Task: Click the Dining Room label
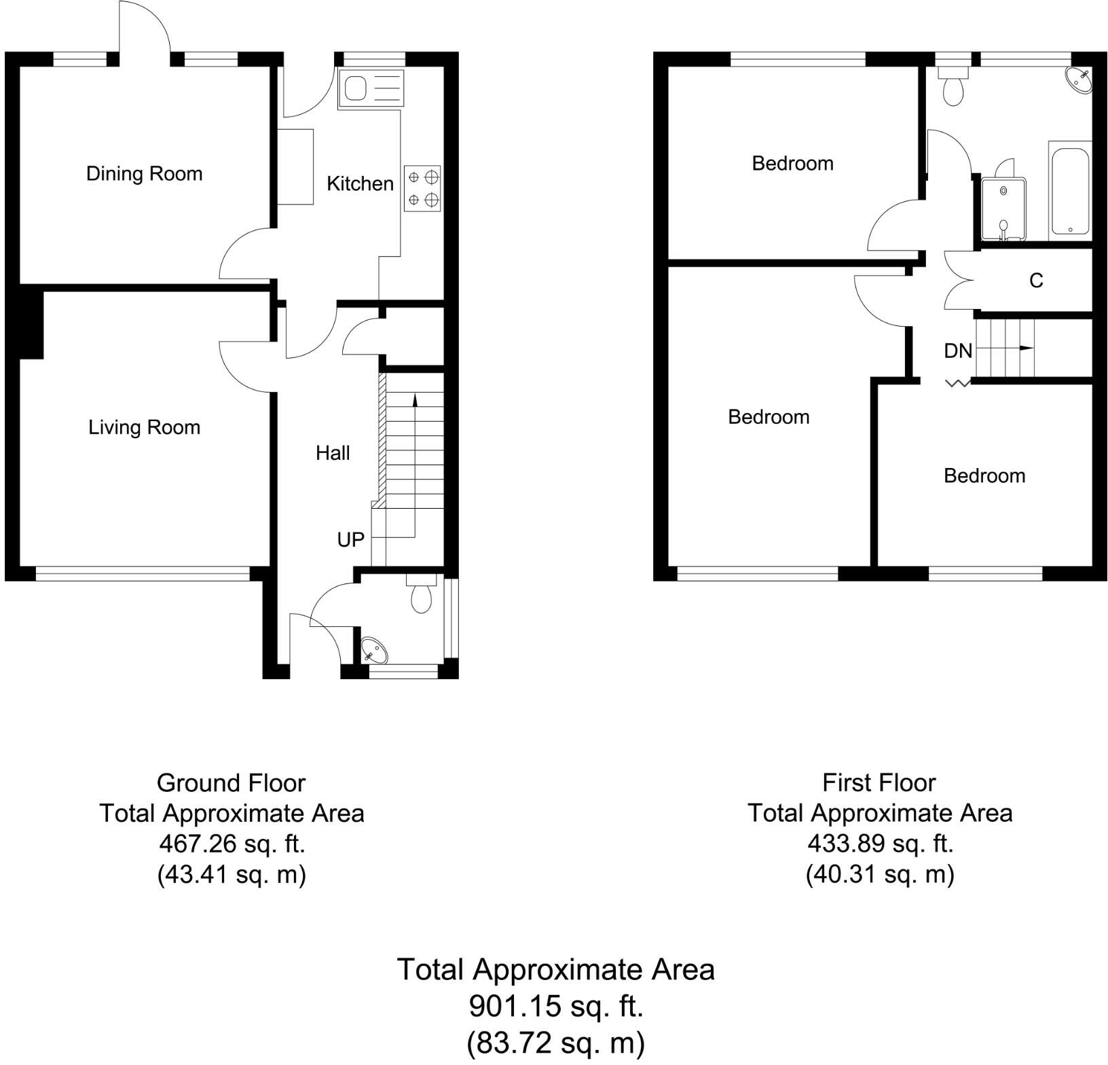pos(144,174)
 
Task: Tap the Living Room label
pos(144,427)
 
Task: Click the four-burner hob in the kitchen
pos(422,188)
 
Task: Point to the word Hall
pos(333,453)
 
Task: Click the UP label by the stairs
pos(351,540)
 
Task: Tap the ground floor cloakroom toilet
pos(421,596)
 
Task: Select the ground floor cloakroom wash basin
pos(373,651)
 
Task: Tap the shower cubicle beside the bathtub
pos(1003,209)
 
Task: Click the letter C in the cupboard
pos(1036,281)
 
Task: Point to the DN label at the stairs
pos(958,351)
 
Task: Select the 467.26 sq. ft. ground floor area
pos(232,844)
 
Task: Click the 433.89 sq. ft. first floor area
pos(880,844)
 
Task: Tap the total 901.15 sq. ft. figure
pos(555,1007)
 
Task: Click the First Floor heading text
pos(879,783)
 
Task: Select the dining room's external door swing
pos(143,27)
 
